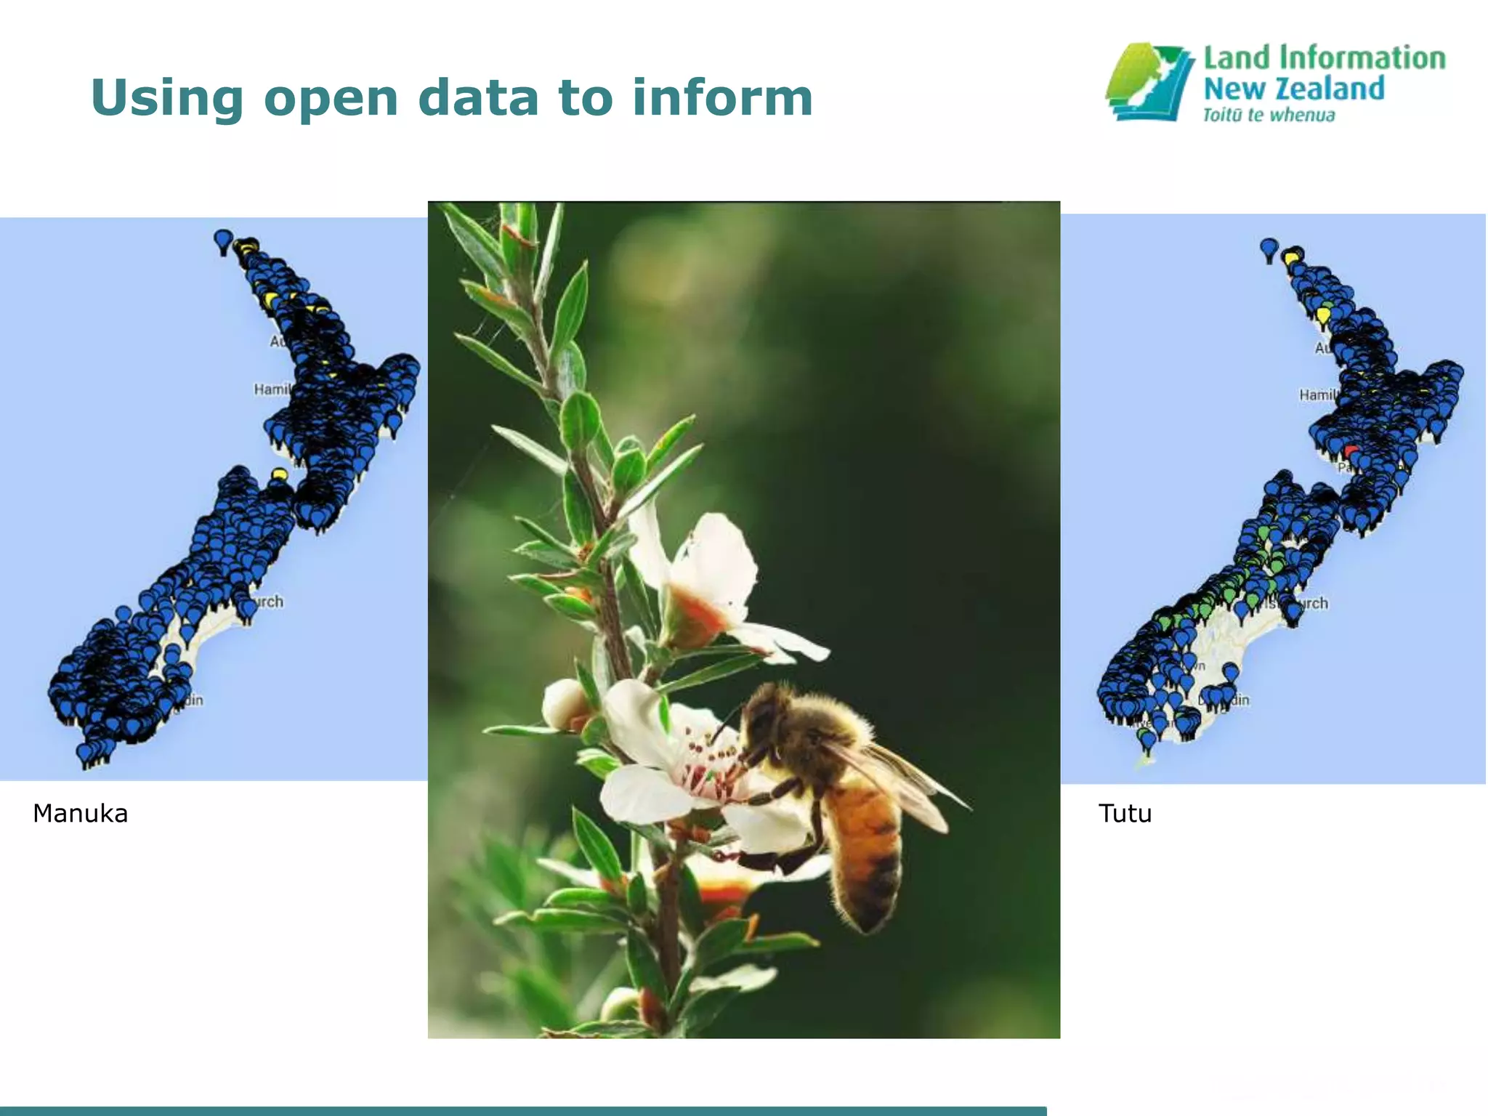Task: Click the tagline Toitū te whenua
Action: [x=1269, y=115]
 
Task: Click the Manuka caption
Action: [x=80, y=813]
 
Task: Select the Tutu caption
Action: [x=1125, y=813]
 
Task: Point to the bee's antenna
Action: [x=727, y=719]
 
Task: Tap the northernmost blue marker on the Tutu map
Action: [x=1269, y=248]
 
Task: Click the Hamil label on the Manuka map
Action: [x=272, y=389]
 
